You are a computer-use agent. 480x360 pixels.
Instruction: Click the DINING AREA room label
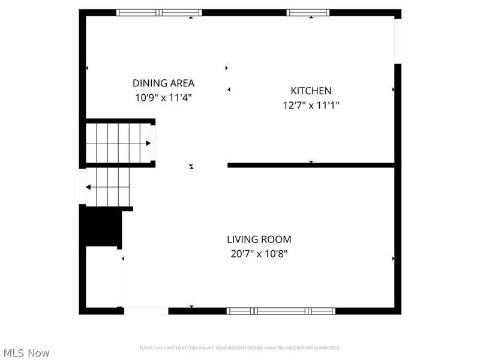163,83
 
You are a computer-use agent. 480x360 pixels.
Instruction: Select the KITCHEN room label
311,91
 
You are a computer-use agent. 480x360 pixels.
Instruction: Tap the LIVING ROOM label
259,239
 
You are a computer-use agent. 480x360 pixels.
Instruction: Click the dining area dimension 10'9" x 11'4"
163,97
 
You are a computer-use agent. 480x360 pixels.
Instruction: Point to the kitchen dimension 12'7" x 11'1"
311,104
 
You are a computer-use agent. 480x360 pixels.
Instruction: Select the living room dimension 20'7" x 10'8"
259,253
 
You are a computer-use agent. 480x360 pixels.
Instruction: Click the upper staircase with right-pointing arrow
118,143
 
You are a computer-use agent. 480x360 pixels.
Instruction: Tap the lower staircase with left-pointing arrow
108,187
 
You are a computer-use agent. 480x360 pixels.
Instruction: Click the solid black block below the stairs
101,226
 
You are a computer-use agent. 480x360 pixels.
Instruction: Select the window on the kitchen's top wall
308,12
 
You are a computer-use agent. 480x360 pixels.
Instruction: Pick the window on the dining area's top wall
159,12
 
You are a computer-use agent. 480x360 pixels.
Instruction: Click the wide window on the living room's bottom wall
280,311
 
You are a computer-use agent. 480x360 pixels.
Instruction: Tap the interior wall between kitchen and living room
311,165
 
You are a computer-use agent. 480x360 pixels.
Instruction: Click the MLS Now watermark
25,353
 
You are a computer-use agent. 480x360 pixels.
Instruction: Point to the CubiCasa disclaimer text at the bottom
240,348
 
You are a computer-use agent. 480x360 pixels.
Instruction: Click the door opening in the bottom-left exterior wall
146,311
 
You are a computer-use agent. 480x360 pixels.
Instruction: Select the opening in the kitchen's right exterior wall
397,40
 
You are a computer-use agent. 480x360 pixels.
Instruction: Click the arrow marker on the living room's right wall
393,259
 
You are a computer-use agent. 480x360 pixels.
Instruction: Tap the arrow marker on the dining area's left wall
87,68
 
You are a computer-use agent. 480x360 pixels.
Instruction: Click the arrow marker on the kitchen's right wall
393,90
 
